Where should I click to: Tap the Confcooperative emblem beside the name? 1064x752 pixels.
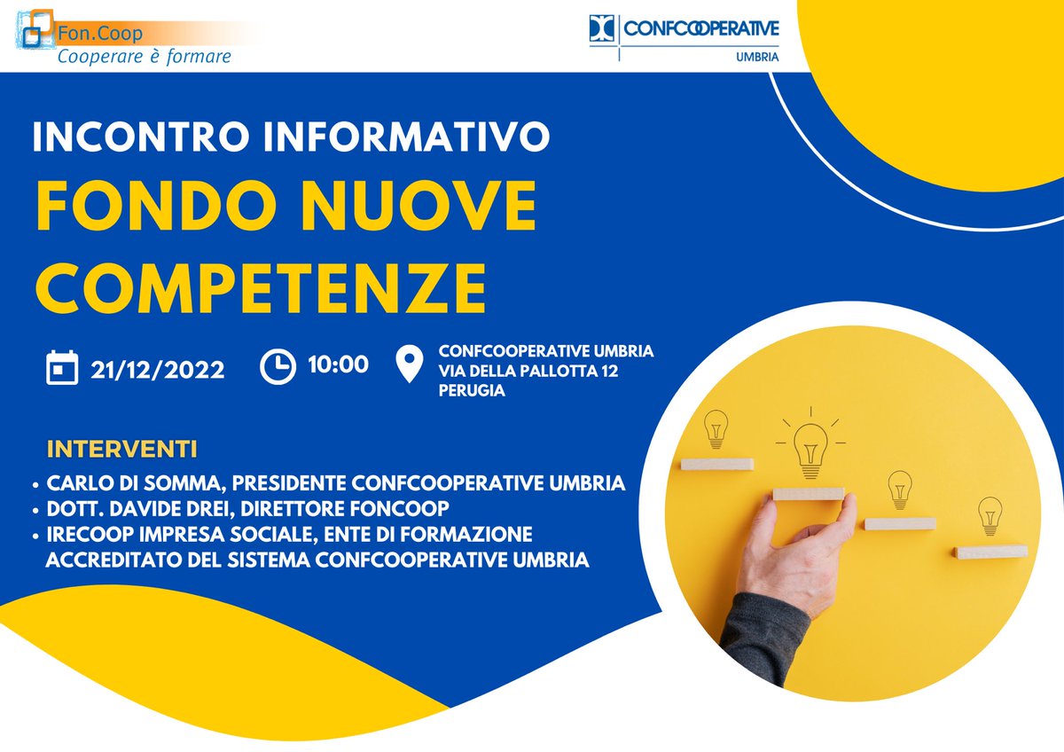point(602,29)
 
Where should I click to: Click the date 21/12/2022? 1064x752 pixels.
point(158,368)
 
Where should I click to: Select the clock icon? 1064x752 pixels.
point(278,366)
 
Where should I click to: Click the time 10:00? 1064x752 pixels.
point(338,364)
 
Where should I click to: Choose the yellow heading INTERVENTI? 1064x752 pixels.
point(121,448)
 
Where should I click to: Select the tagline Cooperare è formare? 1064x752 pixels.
point(144,57)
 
